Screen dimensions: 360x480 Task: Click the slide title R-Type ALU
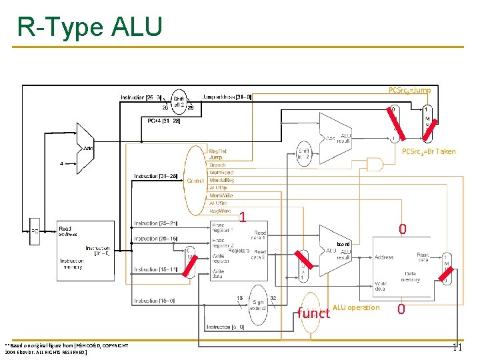tap(89, 27)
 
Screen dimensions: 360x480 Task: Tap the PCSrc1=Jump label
tap(409, 90)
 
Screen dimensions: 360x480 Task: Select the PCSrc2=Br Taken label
tap(428, 151)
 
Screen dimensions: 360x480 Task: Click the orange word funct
tap(313, 313)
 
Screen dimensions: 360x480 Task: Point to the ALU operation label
tap(355, 307)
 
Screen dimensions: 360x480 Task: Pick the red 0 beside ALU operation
tap(401, 309)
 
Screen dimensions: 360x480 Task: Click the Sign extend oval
tap(257, 303)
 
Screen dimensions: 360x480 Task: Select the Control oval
tap(195, 180)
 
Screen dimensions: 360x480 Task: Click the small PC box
tap(34, 231)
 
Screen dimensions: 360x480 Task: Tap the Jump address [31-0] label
tap(227, 97)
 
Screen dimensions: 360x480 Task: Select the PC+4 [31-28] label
tap(163, 121)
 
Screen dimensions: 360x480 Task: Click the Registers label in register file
tap(238, 250)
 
